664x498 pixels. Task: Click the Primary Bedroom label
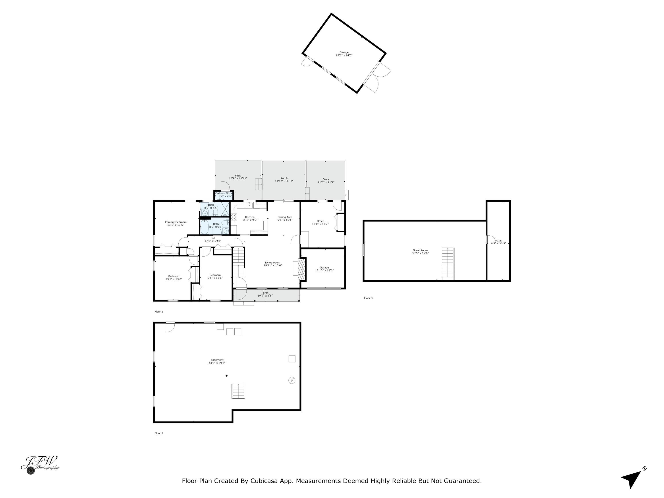click(x=176, y=222)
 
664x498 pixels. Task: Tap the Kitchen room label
click(x=250, y=217)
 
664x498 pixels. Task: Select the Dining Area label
click(x=285, y=217)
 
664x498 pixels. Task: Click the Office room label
click(x=320, y=221)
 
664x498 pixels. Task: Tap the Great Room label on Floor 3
click(x=420, y=250)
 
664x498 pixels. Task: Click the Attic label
click(x=499, y=240)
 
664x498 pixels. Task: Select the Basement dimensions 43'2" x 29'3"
click(x=217, y=363)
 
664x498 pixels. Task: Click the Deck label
click(x=326, y=180)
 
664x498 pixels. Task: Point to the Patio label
click(x=238, y=176)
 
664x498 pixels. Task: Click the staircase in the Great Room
click(x=448, y=264)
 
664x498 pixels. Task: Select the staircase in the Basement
click(x=238, y=391)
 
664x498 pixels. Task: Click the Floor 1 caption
click(x=159, y=433)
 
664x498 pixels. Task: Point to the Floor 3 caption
click(x=368, y=298)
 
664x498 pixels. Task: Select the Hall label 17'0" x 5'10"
click(x=213, y=239)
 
